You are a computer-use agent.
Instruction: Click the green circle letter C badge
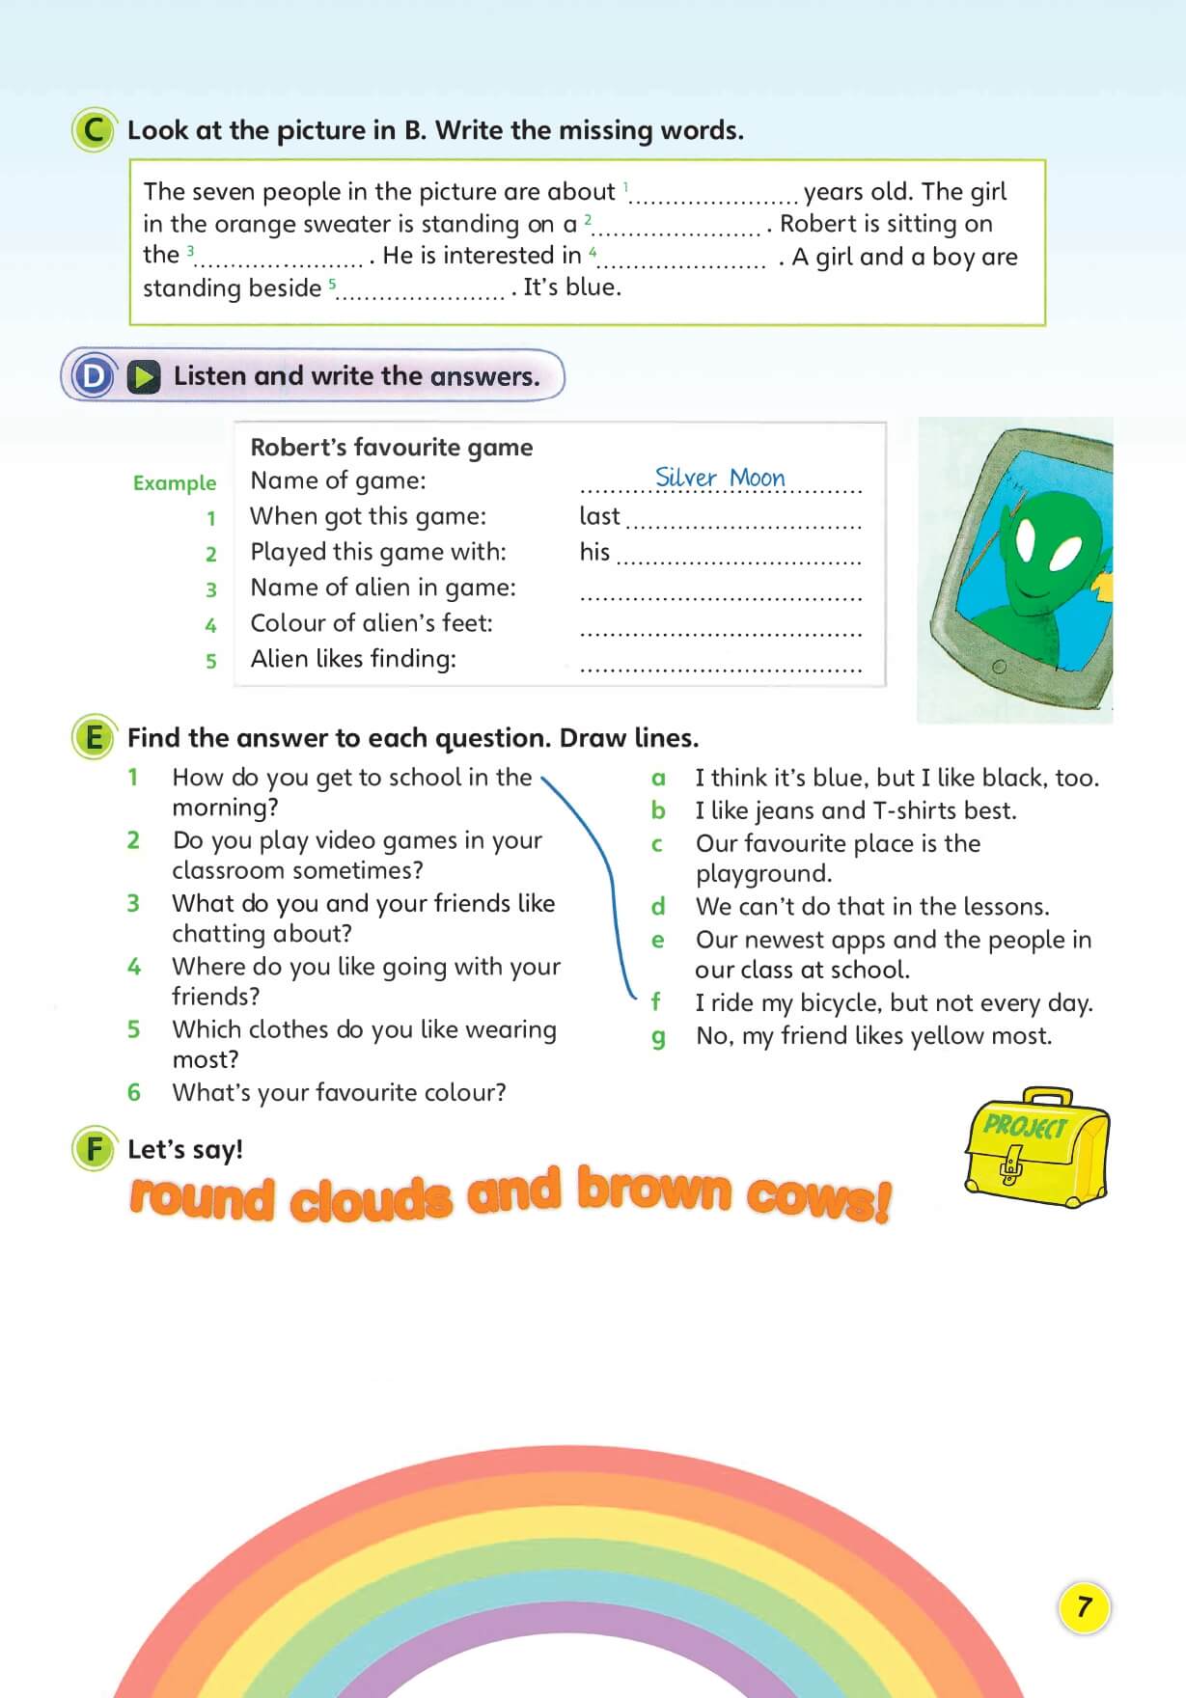pyautogui.click(x=94, y=130)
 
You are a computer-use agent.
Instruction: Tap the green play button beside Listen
pyautogui.click(x=144, y=376)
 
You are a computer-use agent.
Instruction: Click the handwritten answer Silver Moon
pyautogui.click(x=720, y=478)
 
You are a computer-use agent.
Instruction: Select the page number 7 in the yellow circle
pyautogui.click(x=1084, y=1607)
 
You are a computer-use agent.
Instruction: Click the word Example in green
pyautogui.click(x=175, y=482)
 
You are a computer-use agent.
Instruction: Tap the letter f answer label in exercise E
pyautogui.click(x=656, y=1002)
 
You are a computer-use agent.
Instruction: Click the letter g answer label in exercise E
pyautogui.click(x=658, y=1037)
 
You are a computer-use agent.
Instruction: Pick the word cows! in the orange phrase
pyautogui.click(x=817, y=1197)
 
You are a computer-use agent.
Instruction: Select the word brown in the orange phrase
pyautogui.click(x=654, y=1190)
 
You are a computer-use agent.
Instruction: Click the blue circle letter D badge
pyautogui.click(x=94, y=376)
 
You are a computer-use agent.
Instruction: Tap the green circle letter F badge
pyautogui.click(x=94, y=1149)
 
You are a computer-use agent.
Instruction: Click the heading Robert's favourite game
pyautogui.click(x=391, y=447)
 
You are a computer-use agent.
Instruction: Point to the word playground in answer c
pyautogui.click(x=763, y=873)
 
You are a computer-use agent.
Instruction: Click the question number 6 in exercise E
pyautogui.click(x=134, y=1092)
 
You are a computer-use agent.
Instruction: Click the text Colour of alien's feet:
pyautogui.click(x=372, y=623)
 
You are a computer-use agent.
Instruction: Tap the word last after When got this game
pyautogui.click(x=599, y=516)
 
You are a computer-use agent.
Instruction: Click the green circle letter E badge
pyautogui.click(x=94, y=738)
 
